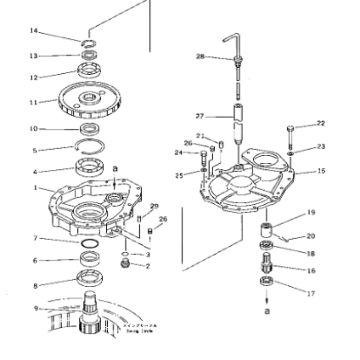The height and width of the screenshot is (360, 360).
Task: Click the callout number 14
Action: click(33, 31)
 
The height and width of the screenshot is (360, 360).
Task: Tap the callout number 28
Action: click(200, 56)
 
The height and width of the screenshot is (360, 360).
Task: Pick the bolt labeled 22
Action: click(290, 135)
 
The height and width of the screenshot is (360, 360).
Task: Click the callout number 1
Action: click(35, 188)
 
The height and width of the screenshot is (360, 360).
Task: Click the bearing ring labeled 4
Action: click(90, 168)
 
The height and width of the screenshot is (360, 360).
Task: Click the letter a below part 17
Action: click(267, 311)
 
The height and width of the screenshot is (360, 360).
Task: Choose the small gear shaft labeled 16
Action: click(267, 262)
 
